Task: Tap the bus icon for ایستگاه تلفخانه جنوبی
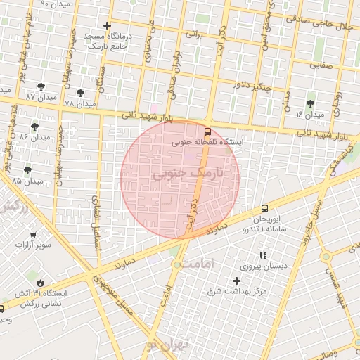coord(207,131)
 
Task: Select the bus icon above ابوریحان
coord(264,208)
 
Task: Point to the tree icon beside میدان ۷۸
coord(82,93)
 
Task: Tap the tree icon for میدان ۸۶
coord(35,127)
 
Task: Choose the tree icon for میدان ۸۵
coord(28,170)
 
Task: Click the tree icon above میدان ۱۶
coord(310,103)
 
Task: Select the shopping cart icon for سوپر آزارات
coord(34,236)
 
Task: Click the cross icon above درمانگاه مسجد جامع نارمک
coord(106,26)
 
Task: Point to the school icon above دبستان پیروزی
coord(263,255)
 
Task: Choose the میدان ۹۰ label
coord(56,4)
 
